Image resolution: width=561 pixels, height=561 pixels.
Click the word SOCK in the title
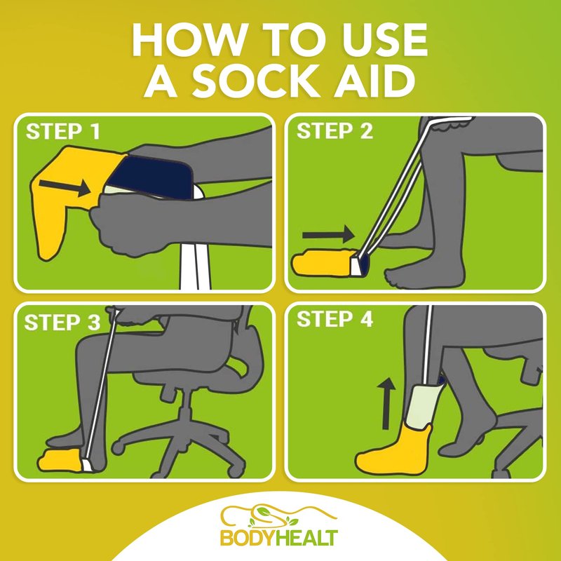point(256,82)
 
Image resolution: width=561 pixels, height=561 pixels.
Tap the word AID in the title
point(374,82)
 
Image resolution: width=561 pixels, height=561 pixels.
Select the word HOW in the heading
point(189,39)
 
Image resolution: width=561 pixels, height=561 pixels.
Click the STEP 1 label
point(63,131)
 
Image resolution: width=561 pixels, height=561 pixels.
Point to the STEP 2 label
point(334,131)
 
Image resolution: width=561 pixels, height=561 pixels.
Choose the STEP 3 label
point(62,323)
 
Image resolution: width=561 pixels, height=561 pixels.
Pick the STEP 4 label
point(335,319)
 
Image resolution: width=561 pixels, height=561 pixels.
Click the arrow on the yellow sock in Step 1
point(65,187)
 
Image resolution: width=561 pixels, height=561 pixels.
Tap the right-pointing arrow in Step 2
point(328,235)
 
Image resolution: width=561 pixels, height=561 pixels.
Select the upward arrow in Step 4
point(386,403)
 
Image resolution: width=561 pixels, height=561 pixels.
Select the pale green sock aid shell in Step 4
point(425,405)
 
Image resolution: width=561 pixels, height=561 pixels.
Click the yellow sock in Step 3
point(61,459)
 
